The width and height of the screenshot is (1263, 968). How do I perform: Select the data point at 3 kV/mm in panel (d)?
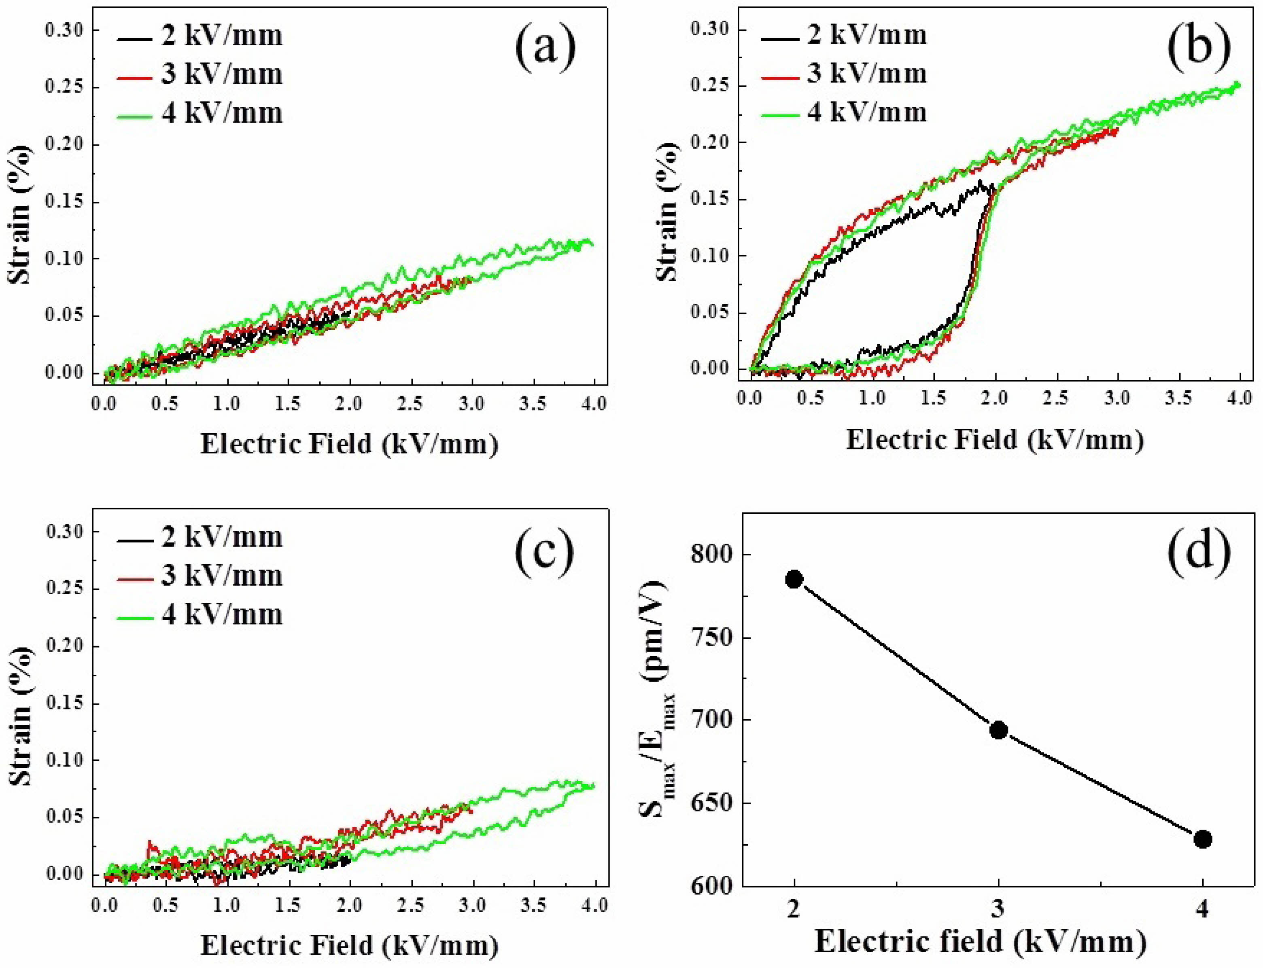(998, 731)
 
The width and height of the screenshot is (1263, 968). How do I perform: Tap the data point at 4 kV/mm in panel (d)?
(1202, 839)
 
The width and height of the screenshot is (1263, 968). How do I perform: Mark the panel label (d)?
(1199, 551)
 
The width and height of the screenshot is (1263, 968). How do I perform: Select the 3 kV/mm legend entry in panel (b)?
(843, 74)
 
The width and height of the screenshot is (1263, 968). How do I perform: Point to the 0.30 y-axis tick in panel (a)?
(65, 30)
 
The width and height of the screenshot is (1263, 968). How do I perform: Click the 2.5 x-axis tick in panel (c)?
(410, 905)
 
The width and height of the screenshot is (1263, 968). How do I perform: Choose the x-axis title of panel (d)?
(980, 941)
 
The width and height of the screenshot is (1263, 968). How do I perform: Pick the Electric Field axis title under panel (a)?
(349, 444)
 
